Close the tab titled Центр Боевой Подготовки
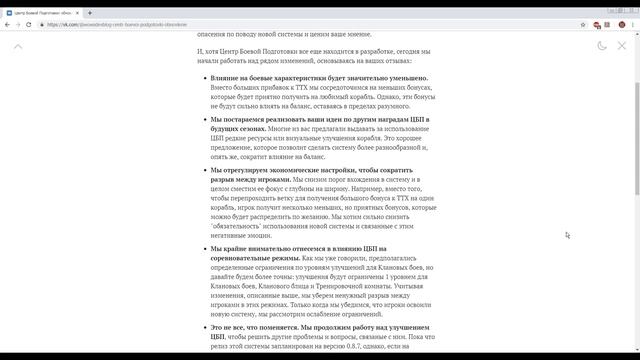(79, 12)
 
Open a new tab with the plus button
(90, 12)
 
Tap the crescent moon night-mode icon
(602, 46)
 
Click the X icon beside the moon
(623, 46)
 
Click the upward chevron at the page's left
(18, 46)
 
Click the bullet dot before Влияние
(202, 78)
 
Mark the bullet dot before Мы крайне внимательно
(202, 248)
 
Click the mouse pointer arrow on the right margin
(567, 235)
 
